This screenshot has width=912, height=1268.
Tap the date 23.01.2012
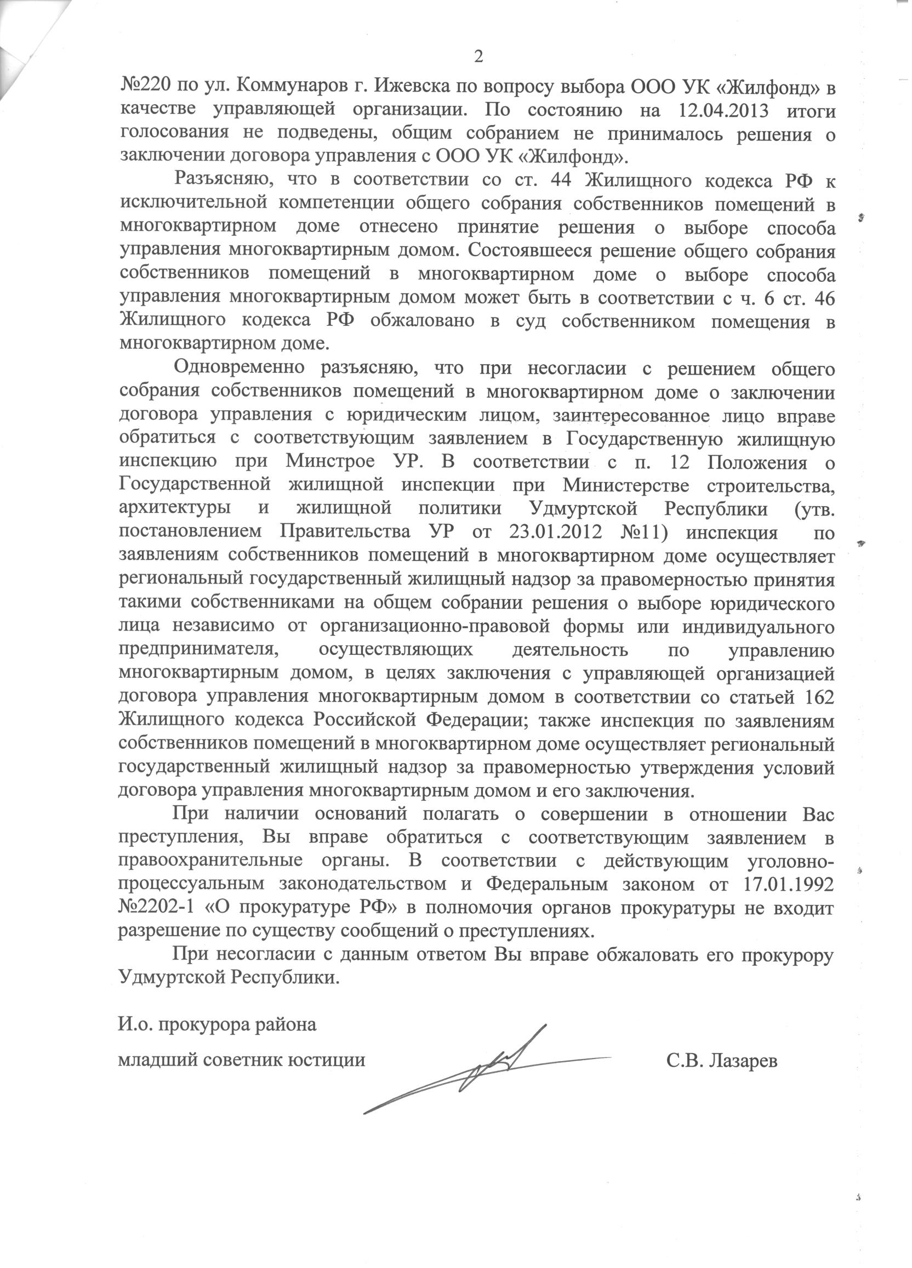(556, 533)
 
